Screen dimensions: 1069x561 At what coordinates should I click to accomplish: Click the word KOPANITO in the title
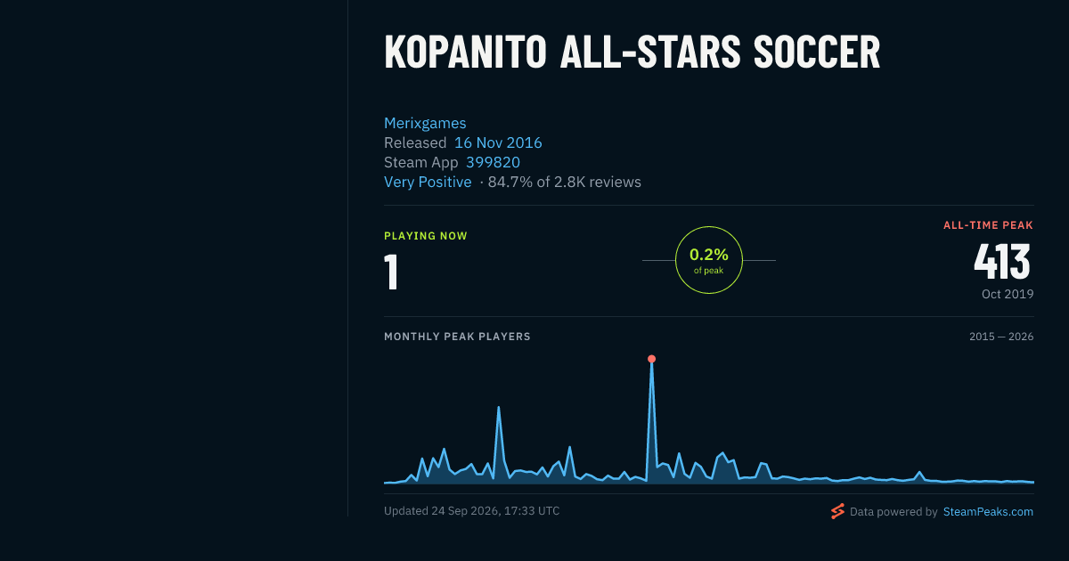tap(465, 53)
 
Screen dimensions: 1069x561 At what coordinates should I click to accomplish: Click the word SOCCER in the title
tap(817, 53)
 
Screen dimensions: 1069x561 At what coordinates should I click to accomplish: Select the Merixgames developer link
tap(425, 123)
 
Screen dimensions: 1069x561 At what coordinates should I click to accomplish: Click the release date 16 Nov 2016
tap(498, 142)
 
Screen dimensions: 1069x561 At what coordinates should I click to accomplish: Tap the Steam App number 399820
tap(493, 162)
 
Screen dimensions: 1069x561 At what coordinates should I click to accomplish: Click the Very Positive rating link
tap(428, 182)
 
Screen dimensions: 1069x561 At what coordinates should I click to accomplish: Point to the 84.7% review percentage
tap(510, 182)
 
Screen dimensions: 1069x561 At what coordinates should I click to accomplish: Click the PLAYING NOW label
tap(426, 236)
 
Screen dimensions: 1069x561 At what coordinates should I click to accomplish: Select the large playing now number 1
tap(391, 272)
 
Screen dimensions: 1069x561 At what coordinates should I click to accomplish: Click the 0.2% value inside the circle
tap(709, 255)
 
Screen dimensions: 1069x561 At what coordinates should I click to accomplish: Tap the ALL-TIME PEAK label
tap(988, 225)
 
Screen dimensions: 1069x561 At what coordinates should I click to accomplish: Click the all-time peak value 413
tap(1002, 262)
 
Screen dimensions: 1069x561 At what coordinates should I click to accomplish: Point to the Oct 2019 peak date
tap(1008, 294)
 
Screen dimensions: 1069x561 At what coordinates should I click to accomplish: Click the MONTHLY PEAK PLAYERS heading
tap(457, 337)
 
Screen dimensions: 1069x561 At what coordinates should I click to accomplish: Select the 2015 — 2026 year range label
tap(1001, 337)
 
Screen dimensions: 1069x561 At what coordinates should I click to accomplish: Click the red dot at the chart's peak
tap(651, 359)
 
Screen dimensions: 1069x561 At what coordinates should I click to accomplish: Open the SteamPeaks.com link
tap(988, 511)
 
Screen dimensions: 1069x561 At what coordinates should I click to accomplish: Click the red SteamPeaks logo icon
tap(837, 511)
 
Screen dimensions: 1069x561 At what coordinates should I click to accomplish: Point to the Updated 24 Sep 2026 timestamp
tap(471, 511)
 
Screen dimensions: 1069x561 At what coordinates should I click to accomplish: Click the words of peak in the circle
tap(709, 271)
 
